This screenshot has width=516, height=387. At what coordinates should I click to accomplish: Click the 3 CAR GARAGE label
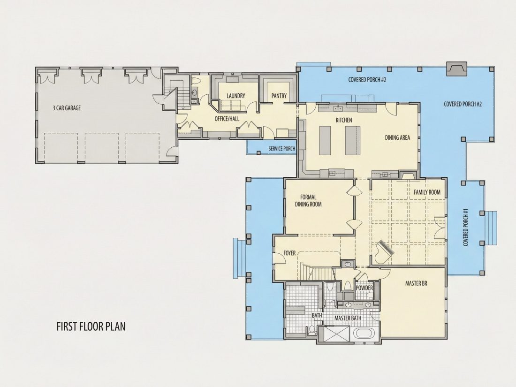(x=67, y=108)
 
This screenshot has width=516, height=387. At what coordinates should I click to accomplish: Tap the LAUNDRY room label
(x=235, y=96)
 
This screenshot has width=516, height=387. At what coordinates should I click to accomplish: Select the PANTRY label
(x=279, y=96)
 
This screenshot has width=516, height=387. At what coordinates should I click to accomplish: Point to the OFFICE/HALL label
(x=227, y=119)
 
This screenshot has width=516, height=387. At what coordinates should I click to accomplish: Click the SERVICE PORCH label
(x=282, y=149)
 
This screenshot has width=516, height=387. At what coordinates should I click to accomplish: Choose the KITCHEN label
(x=343, y=120)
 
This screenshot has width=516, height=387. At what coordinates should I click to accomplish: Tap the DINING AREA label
(x=397, y=137)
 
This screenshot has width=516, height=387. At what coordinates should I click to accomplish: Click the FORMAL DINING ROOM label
(x=308, y=201)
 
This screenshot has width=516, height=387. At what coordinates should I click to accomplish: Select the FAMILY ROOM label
(x=427, y=192)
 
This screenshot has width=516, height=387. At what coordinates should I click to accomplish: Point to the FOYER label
(x=289, y=253)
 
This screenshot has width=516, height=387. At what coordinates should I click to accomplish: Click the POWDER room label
(x=364, y=288)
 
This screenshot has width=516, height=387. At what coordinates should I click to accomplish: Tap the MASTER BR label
(x=416, y=283)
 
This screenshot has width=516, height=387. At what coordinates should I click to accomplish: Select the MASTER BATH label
(x=348, y=318)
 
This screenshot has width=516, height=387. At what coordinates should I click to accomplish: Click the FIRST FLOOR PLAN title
(x=91, y=326)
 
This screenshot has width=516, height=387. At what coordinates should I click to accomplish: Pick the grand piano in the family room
(x=384, y=251)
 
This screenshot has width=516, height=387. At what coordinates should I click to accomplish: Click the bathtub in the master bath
(x=364, y=333)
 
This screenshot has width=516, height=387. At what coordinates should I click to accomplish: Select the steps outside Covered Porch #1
(x=491, y=228)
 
